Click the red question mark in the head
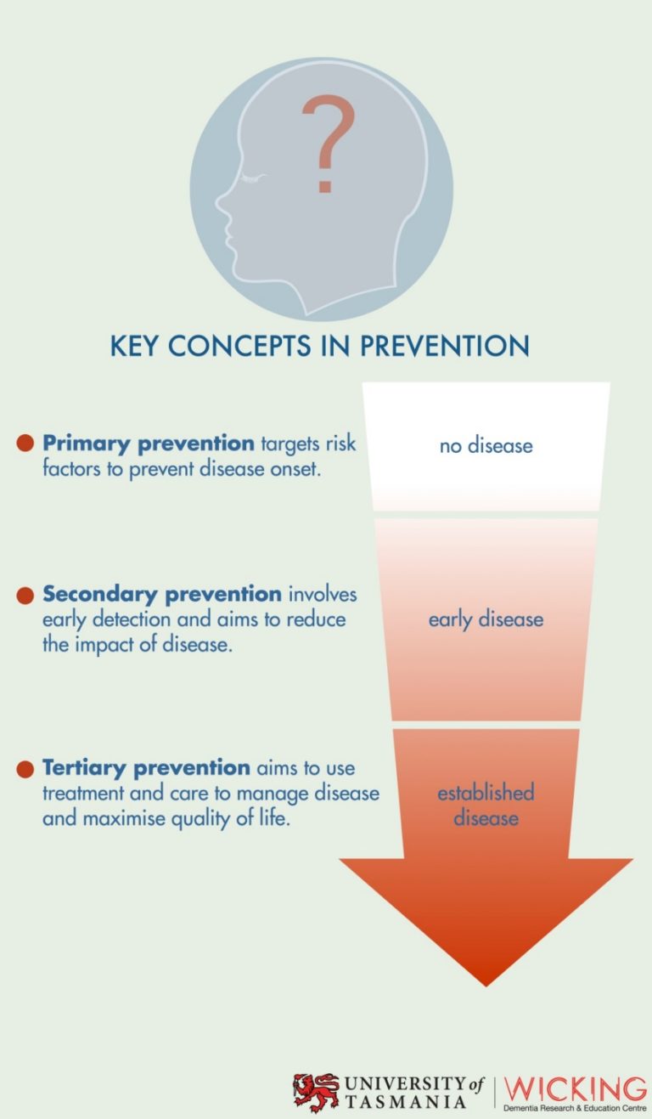pyautogui.click(x=327, y=143)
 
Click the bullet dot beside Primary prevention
pyautogui.click(x=25, y=443)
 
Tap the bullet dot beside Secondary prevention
pyautogui.click(x=25, y=596)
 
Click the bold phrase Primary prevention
pyautogui.click(x=148, y=444)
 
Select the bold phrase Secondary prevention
pyautogui.click(x=161, y=594)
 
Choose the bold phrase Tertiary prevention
pyautogui.click(x=146, y=768)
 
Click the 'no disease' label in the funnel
pyautogui.click(x=486, y=445)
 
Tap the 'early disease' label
pyautogui.click(x=486, y=619)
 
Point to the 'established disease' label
pyautogui.click(x=486, y=805)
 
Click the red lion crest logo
pyautogui.click(x=315, y=1091)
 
